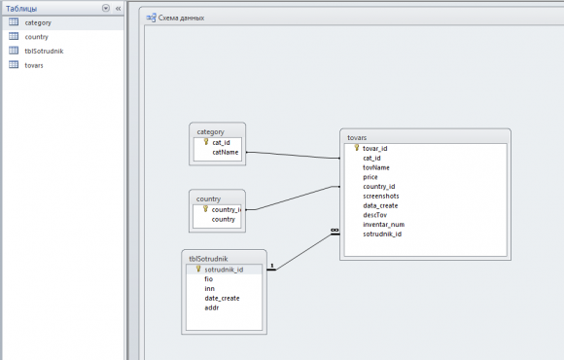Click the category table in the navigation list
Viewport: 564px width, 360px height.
(x=38, y=22)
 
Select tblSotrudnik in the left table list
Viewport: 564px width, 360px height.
(x=44, y=52)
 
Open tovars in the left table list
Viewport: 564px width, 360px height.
(x=34, y=65)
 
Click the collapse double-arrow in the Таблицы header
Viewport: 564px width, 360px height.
(x=118, y=9)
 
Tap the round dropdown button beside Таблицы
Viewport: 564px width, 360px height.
(x=106, y=8)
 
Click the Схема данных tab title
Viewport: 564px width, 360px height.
(x=181, y=18)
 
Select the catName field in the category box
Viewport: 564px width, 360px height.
(x=226, y=153)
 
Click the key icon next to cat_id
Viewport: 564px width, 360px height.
(x=206, y=142)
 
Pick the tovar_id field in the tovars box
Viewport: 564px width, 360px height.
(x=374, y=148)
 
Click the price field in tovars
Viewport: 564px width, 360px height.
(x=370, y=177)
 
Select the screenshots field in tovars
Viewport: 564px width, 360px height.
(x=381, y=197)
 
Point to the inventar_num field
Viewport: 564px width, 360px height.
(x=384, y=225)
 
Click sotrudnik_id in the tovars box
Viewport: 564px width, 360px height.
(x=382, y=234)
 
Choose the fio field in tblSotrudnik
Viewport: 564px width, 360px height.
(x=209, y=279)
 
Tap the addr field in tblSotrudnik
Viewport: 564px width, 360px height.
(x=212, y=307)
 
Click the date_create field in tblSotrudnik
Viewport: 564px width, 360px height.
(x=222, y=298)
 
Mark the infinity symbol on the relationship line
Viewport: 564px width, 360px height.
(x=335, y=230)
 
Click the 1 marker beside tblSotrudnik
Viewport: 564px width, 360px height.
(x=272, y=266)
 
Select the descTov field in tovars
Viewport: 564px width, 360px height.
(x=374, y=215)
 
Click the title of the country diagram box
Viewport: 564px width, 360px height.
(x=208, y=199)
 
